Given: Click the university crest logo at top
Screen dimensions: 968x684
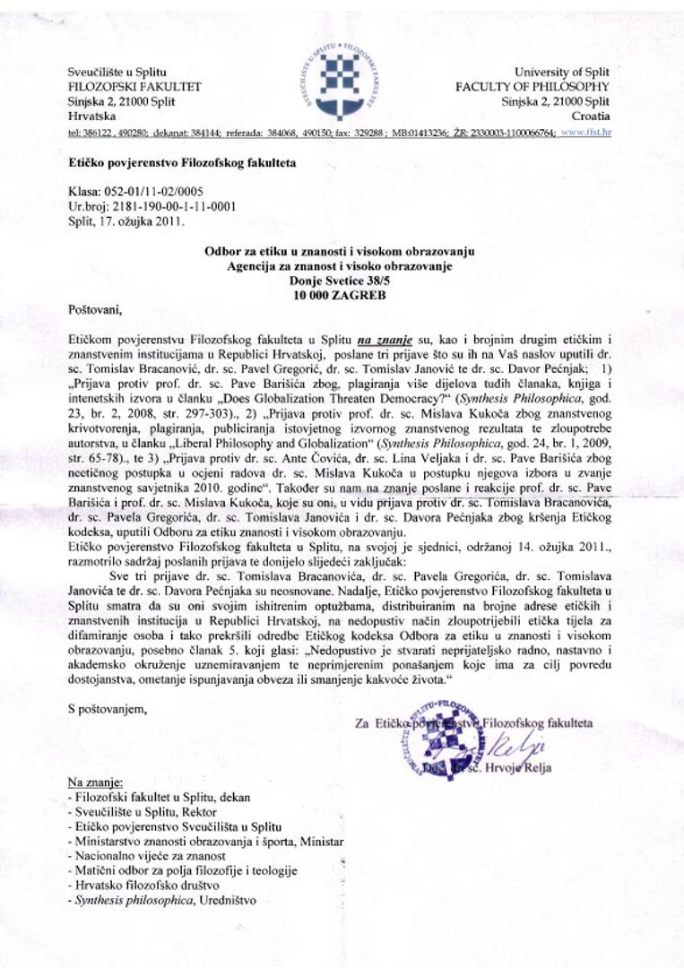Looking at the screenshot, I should [x=342, y=78].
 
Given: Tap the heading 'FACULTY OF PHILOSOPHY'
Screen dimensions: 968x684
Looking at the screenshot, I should [x=532, y=87].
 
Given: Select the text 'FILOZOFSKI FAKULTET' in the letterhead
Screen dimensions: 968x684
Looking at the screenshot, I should [x=134, y=87].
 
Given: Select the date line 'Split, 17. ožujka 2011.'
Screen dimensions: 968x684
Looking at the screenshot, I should [x=126, y=220].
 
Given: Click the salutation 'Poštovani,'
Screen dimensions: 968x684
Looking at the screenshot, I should [x=93, y=310].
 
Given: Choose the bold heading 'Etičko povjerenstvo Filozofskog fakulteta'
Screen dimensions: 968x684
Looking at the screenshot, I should [x=182, y=163].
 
